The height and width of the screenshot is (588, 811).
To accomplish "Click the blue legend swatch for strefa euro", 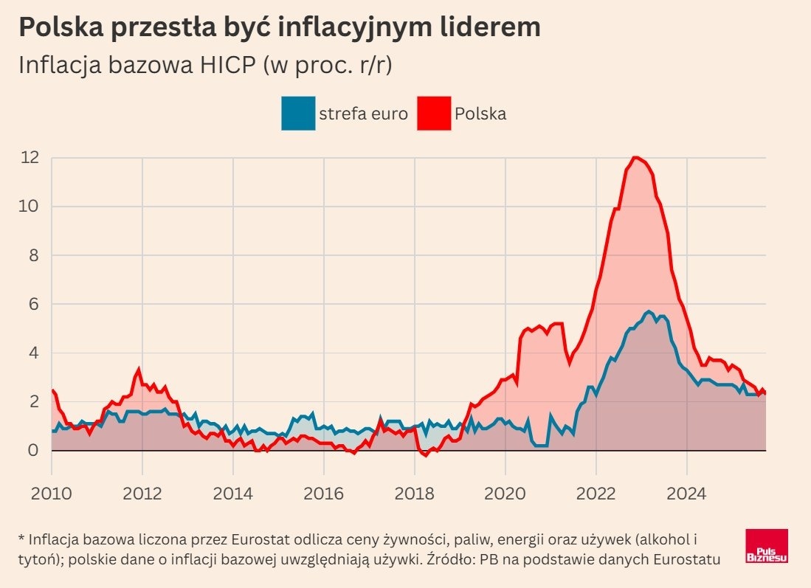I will (297, 114).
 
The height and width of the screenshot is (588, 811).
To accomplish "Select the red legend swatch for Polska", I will (434, 114).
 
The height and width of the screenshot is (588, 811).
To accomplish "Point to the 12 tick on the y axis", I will (30, 157).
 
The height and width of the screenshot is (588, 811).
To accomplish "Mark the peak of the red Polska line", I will (635, 157).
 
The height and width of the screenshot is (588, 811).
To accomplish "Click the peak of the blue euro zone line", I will (648, 311).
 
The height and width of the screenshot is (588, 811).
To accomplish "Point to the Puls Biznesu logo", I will (767, 546).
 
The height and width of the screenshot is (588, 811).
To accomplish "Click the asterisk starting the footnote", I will (21, 536).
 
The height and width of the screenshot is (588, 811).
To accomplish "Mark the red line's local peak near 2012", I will (139, 369).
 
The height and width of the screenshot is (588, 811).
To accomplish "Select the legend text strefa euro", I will (363, 114).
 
